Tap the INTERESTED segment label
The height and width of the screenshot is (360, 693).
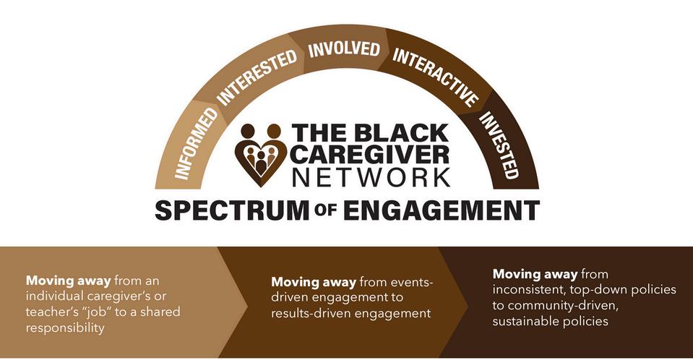(257, 78)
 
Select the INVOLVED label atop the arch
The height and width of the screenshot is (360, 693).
(344, 49)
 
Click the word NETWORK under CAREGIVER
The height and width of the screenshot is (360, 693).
(370, 176)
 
